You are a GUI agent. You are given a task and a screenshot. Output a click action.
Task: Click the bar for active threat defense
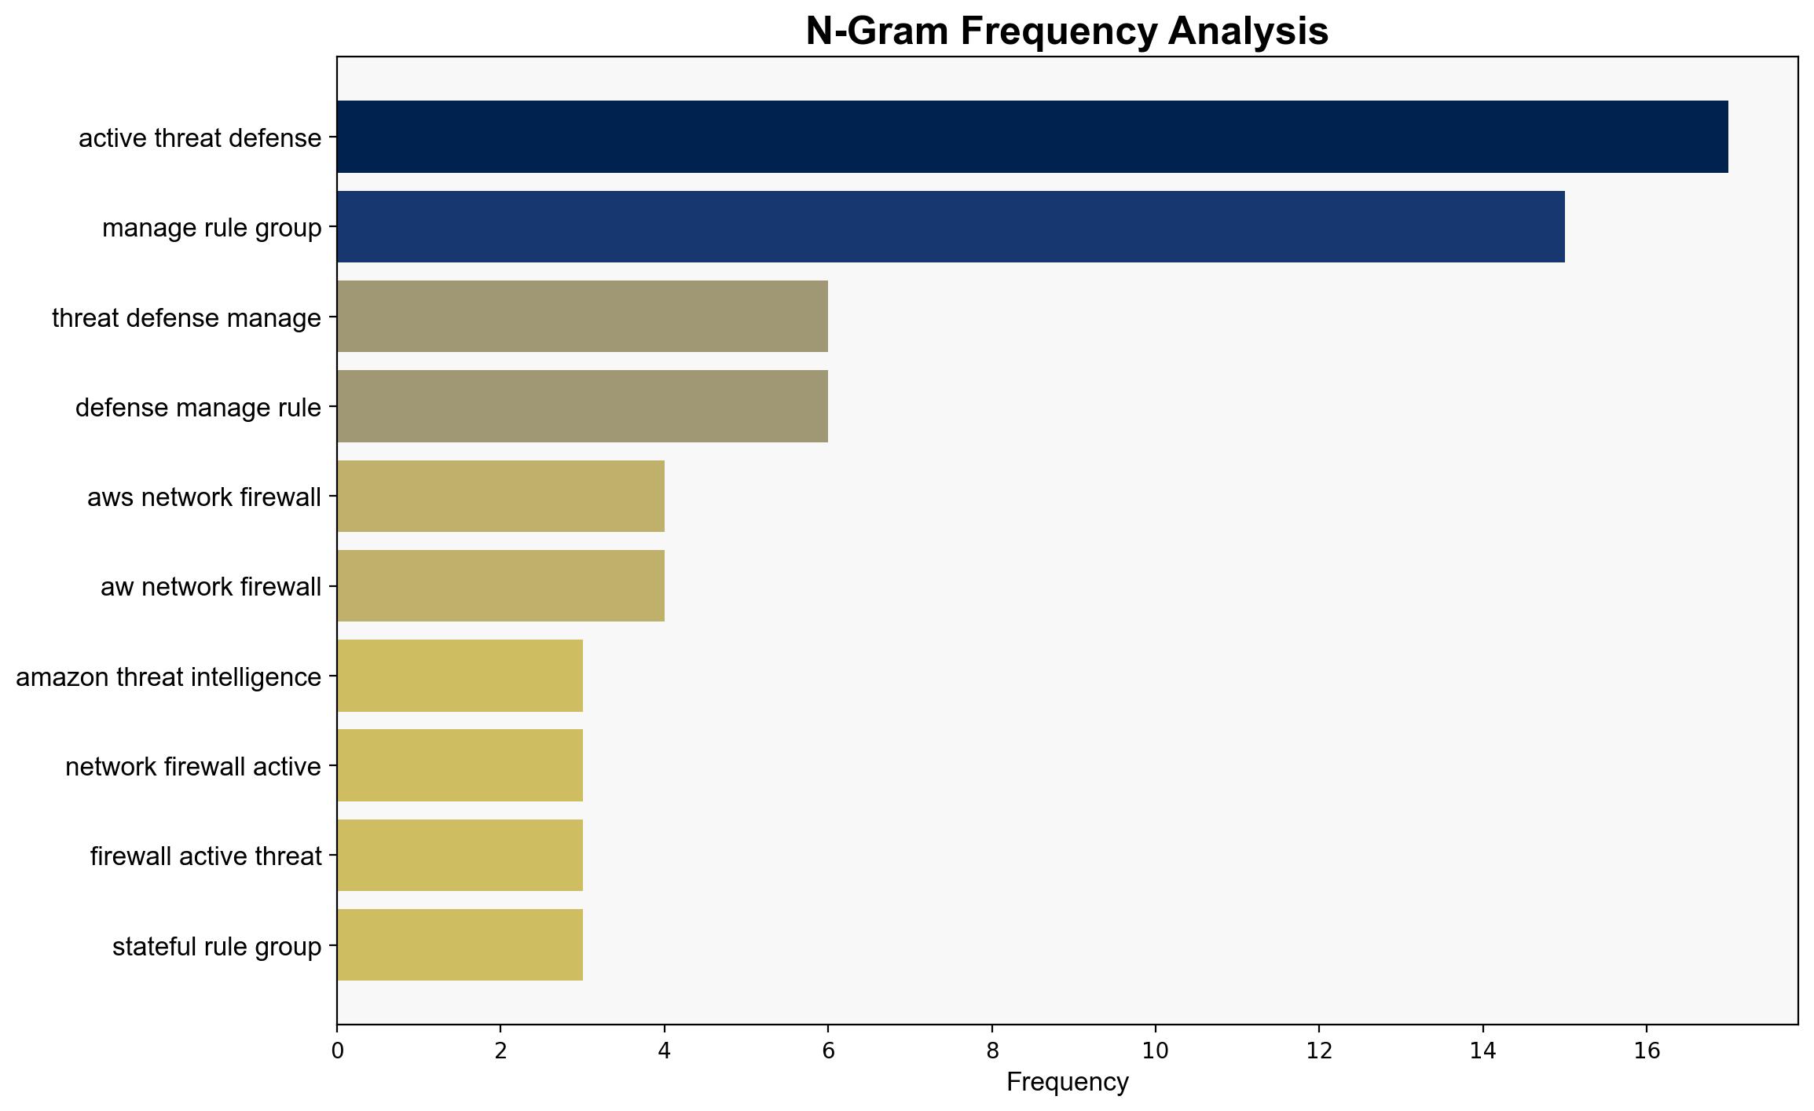[x=1032, y=137]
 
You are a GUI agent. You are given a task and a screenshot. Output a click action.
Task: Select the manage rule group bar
[x=951, y=226]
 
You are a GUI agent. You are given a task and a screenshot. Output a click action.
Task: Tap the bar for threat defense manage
[x=582, y=317]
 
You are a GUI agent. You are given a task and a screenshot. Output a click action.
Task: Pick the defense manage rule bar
[x=582, y=406]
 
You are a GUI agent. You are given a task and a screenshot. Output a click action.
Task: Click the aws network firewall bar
[x=500, y=496]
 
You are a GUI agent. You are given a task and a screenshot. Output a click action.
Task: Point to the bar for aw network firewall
[x=500, y=586]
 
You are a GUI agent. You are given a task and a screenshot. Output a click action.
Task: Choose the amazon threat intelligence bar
[x=460, y=676]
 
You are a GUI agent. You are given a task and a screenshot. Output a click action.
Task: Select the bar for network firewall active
[x=460, y=765]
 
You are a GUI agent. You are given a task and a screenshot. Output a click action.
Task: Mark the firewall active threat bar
[x=460, y=856]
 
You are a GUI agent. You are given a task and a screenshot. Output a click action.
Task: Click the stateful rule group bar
[x=460, y=945]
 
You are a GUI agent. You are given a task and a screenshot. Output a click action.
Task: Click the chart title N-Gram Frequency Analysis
[x=1067, y=31]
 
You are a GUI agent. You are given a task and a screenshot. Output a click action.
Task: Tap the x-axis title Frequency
[x=1067, y=1082]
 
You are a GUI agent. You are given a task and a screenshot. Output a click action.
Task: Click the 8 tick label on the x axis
[x=992, y=1050]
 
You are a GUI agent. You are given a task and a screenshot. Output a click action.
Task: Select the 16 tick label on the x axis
[x=1647, y=1050]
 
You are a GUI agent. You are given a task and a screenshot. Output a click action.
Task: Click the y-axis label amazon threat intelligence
[x=169, y=676]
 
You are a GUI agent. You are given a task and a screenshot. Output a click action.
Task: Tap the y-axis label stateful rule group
[x=217, y=946]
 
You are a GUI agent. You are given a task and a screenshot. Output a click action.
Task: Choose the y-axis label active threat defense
[x=200, y=137]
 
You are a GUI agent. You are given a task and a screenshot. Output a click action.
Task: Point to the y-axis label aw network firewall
[x=211, y=587]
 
